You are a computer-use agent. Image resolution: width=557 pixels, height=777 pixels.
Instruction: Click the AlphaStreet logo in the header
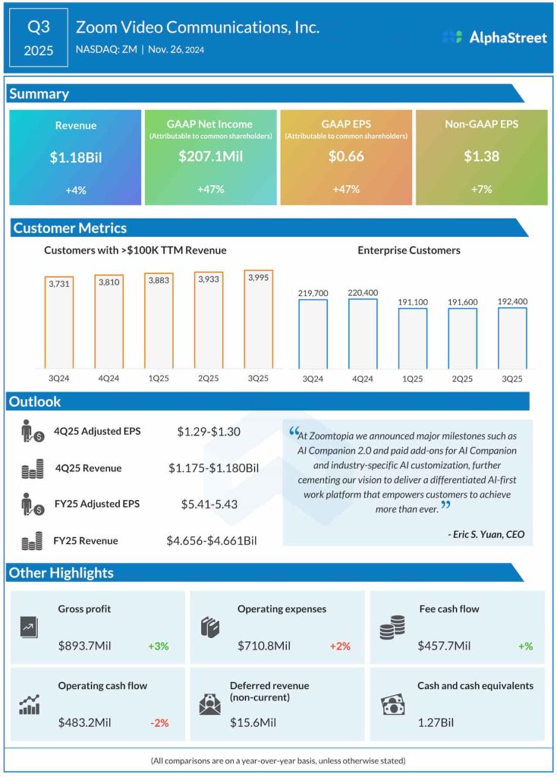pyautogui.click(x=494, y=37)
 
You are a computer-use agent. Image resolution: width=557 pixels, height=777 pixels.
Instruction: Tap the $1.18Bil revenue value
pyautogui.click(x=75, y=157)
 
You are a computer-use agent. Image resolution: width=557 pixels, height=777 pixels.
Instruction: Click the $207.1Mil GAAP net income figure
pyautogui.click(x=210, y=157)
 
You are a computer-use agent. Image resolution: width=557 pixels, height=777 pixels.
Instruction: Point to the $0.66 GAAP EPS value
pyautogui.click(x=345, y=157)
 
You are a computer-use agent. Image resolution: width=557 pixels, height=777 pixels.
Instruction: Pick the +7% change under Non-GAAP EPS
pyautogui.click(x=480, y=190)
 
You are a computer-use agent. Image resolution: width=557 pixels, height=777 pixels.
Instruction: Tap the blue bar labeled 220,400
pyautogui.click(x=362, y=334)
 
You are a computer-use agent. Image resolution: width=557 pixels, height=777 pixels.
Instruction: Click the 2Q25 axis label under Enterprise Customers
pyautogui.click(x=462, y=378)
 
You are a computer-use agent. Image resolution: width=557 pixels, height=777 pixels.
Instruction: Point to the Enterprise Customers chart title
pyautogui.click(x=408, y=250)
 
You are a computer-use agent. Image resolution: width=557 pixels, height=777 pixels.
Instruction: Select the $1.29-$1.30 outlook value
pyautogui.click(x=209, y=432)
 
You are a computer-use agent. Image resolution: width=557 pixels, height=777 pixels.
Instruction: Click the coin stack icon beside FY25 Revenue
pyautogui.click(x=32, y=542)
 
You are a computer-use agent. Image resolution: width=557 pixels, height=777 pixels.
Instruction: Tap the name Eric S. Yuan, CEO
pyautogui.click(x=486, y=534)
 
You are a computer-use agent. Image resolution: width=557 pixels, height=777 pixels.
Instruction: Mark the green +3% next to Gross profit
pyautogui.click(x=158, y=646)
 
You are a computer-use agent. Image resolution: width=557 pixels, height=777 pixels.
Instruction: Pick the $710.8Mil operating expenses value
pyautogui.click(x=260, y=646)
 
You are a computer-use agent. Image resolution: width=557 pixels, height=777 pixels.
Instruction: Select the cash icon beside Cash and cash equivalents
pyautogui.click(x=392, y=705)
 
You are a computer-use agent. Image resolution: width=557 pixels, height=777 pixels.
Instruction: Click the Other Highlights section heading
pyautogui.click(x=61, y=573)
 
